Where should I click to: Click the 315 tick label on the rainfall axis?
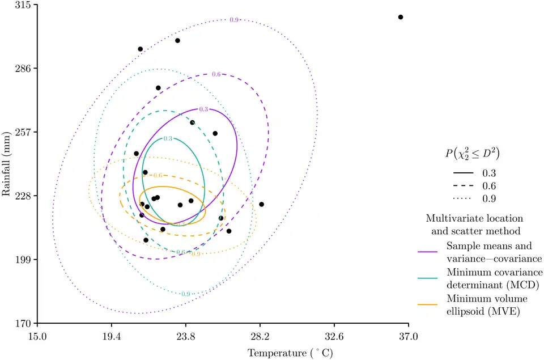(x=23, y=5)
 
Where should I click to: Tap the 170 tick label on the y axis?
(x=23, y=324)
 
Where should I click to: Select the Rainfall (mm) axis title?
(x=7, y=164)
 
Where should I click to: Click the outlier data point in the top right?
(x=401, y=17)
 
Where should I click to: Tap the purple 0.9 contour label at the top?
(x=234, y=20)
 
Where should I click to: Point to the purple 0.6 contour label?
(x=216, y=74)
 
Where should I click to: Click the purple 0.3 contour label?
(x=203, y=109)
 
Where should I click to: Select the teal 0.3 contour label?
(x=168, y=139)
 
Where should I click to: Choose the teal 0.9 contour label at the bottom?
(x=185, y=294)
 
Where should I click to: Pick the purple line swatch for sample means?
(x=429, y=252)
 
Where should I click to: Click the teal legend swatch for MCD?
(x=429, y=278)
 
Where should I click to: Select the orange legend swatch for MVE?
(x=429, y=304)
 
